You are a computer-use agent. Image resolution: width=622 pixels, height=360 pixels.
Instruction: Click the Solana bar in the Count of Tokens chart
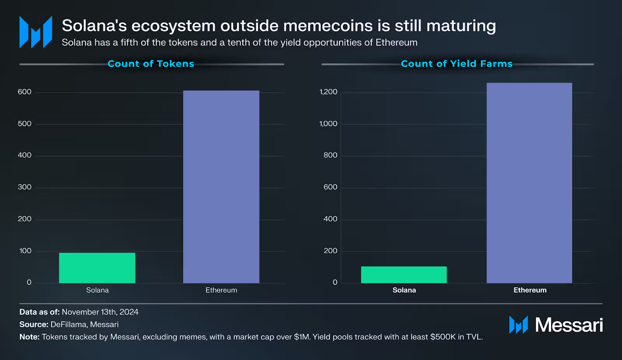click(x=97, y=268)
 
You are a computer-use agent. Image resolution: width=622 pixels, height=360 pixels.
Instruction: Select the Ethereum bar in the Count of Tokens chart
click(x=221, y=187)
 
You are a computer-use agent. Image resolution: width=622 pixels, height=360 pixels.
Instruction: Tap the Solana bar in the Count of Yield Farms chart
click(x=404, y=274)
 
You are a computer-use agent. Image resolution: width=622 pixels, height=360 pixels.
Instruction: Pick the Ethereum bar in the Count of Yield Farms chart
click(x=529, y=183)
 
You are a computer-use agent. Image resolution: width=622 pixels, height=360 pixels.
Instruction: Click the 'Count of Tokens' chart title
click(x=151, y=64)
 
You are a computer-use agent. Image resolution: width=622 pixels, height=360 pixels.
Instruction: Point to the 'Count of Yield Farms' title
click(x=457, y=64)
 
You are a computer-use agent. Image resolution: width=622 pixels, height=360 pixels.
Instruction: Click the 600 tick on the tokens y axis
click(x=24, y=92)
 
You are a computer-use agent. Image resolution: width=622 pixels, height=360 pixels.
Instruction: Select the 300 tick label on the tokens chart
click(x=24, y=187)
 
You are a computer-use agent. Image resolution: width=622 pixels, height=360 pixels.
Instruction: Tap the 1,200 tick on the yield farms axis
click(x=328, y=92)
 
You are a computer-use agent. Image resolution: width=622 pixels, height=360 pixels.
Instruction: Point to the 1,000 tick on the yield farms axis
click(x=328, y=124)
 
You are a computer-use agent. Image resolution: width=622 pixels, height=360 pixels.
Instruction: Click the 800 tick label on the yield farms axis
click(x=330, y=155)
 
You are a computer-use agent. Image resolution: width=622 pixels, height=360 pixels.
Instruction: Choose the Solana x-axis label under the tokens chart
click(x=98, y=290)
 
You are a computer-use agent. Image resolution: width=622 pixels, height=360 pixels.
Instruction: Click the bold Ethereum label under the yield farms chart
click(x=530, y=290)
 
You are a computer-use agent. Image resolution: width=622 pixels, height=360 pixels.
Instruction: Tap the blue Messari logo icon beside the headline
click(x=36, y=32)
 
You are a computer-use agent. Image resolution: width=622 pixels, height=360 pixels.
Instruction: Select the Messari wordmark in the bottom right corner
click(x=569, y=325)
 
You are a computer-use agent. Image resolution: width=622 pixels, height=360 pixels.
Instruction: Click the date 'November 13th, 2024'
click(x=100, y=312)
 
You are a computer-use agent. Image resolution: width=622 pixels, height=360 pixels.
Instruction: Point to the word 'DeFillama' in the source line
click(x=68, y=324)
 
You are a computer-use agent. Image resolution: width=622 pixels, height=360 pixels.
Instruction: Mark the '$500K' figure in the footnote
click(x=443, y=337)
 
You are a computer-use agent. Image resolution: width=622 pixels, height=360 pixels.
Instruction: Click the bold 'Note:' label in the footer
click(x=30, y=337)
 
